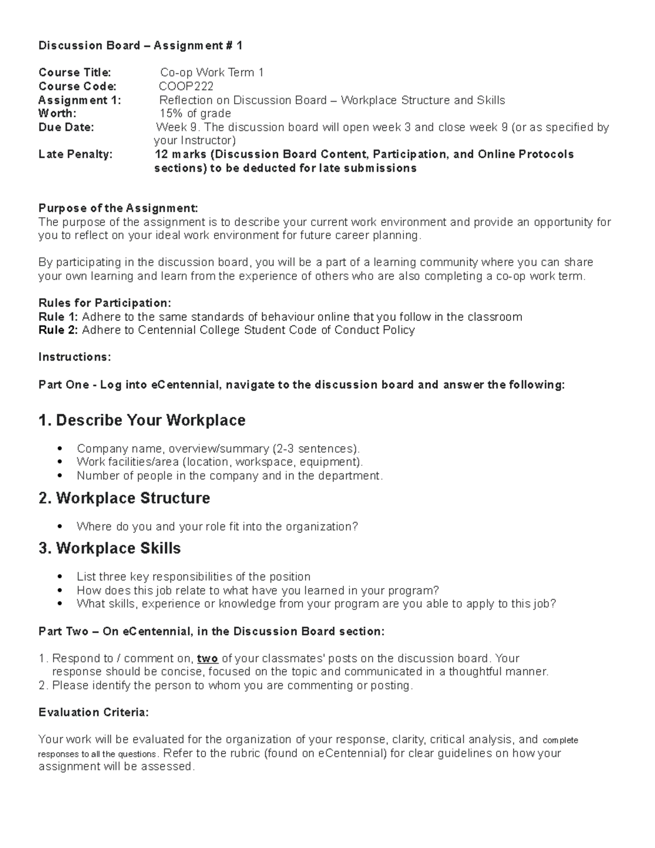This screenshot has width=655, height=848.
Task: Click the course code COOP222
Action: pyautogui.click(x=186, y=86)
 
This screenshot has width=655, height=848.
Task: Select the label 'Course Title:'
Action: pyautogui.click(x=74, y=73)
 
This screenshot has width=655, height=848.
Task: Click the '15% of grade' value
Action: pyautogui.click(x=195, y=114)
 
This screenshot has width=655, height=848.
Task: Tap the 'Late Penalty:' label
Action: pyautogui.click(x=75, y=155)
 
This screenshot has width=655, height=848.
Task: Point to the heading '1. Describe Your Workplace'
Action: pyautogui.click(x=142, y=420)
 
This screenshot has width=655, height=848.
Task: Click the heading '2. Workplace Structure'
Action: pyautogui.click(x=124, y=499)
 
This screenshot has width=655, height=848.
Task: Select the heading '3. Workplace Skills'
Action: pyautogui.click(x=110, y=548)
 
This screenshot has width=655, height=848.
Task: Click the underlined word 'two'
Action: pyautogui.click(x=207, y=659)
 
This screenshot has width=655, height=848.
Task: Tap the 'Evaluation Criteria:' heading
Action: pyautogui.click(x=93, y=713)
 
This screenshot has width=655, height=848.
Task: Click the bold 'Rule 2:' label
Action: pyautogui.click(x=58, y=330)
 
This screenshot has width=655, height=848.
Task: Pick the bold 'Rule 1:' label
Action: pyautogui.click(x=58, y=317)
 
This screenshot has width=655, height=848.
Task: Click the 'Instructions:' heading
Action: pyautogui.click(x=75, y=357)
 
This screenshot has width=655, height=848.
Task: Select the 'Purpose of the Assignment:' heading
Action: pyautogui.click(x=118, y=208)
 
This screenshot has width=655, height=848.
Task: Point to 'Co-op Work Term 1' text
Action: pyautogui.click(x=212, y=73)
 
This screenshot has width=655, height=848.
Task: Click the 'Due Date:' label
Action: pyautogui.click(x=66, y=127)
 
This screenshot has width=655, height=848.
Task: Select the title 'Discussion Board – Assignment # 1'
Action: pyautogui.click(x=140, y=46)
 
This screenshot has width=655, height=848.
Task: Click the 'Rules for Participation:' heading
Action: pyautogui.click(x=105, y=303)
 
